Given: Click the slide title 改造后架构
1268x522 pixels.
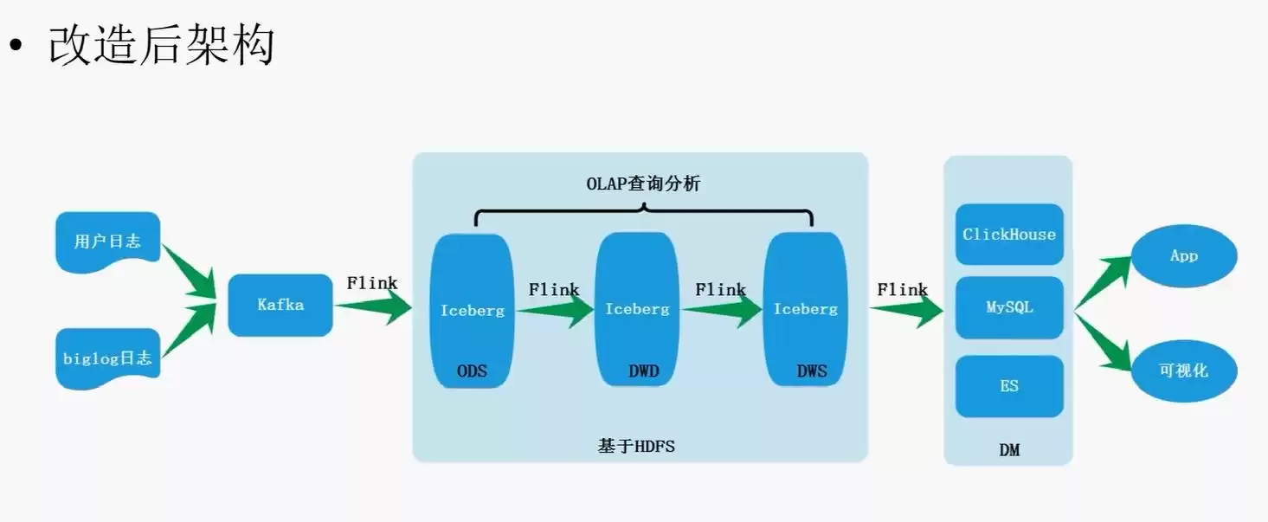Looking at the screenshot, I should tap(161, 46).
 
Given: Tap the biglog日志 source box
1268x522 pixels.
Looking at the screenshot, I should tap(107, 358).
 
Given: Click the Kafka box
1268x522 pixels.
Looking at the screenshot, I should tap(280, 305).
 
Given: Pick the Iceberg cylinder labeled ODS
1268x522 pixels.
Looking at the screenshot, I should tap(472, 310).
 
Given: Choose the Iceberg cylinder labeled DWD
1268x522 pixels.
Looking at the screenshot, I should tap(637, 310).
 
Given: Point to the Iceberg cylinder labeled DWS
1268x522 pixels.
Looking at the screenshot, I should tap(805, 310).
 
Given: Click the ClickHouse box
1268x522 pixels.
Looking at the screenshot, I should tap(1009, 235).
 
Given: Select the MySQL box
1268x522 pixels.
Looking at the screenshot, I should tap(1009, 307).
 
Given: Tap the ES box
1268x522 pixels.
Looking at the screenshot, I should tap(1009, 386).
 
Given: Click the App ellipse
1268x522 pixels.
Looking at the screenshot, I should tap(1184, 255).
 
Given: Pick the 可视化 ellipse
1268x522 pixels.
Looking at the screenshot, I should tap(1184, 370).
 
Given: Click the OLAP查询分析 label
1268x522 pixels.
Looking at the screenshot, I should tap(643, 184).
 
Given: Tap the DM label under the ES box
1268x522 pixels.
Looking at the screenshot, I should tap(1009, 449).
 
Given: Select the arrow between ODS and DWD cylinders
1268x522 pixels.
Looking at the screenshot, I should tap(555, 310).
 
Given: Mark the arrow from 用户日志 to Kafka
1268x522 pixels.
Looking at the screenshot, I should tap(190, 272).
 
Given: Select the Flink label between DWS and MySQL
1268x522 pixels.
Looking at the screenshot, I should tap(902, 290).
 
